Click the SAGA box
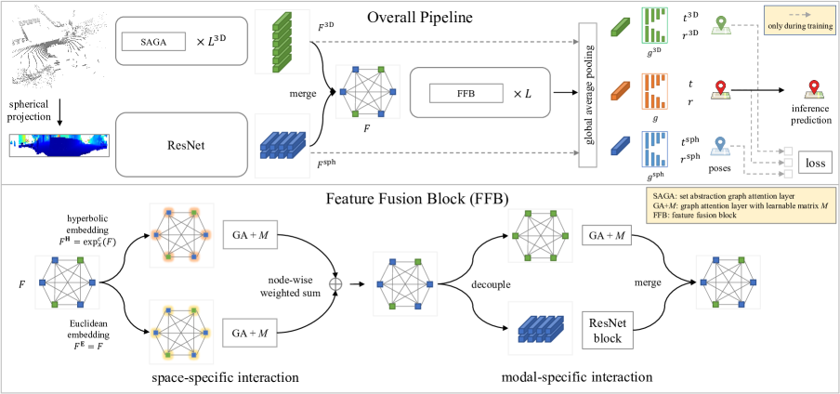[x=153, y=42]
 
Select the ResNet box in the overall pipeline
[x=181, y=145]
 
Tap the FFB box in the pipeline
[x=466, y=93]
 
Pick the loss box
[x=816, y=163]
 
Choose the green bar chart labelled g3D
[x=654, y=25]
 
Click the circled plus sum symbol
[x=335, y=284]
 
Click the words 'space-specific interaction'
[x=225, y=377]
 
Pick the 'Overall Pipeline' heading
[x=419, y=19]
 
